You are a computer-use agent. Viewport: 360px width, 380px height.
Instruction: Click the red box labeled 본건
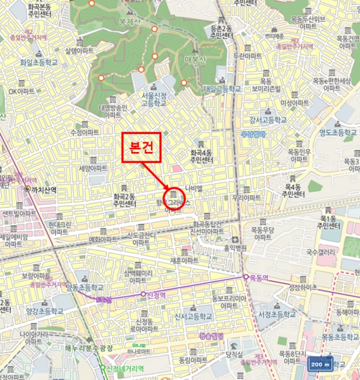141,147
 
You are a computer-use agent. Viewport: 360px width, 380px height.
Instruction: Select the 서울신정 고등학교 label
154,99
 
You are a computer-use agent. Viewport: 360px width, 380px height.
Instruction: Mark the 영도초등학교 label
337,132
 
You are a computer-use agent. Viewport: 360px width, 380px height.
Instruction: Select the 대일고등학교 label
222,88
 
